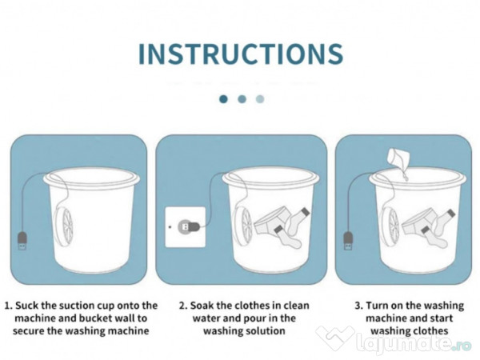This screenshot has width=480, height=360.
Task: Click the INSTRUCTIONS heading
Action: coord(241,54)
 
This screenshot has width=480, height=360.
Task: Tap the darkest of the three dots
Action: coord(223,99)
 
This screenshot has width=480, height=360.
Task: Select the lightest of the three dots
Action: coord(260,99)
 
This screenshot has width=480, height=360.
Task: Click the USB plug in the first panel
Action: coord(22,240)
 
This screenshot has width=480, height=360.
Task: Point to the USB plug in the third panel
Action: coord(348,240)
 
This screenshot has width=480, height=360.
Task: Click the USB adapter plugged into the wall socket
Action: coord(189,227)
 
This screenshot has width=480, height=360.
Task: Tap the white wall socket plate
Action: coord(186,227)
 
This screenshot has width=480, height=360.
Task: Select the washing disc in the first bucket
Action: coord(64,226)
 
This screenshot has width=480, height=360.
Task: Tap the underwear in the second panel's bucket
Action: coord(272,222)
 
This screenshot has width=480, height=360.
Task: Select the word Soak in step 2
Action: coord(201,306)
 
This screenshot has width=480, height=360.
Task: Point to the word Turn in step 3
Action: coord(377,306)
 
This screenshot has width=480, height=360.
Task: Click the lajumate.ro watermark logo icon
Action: coord(335,338)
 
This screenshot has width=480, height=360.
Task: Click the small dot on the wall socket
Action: coord(170,227)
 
